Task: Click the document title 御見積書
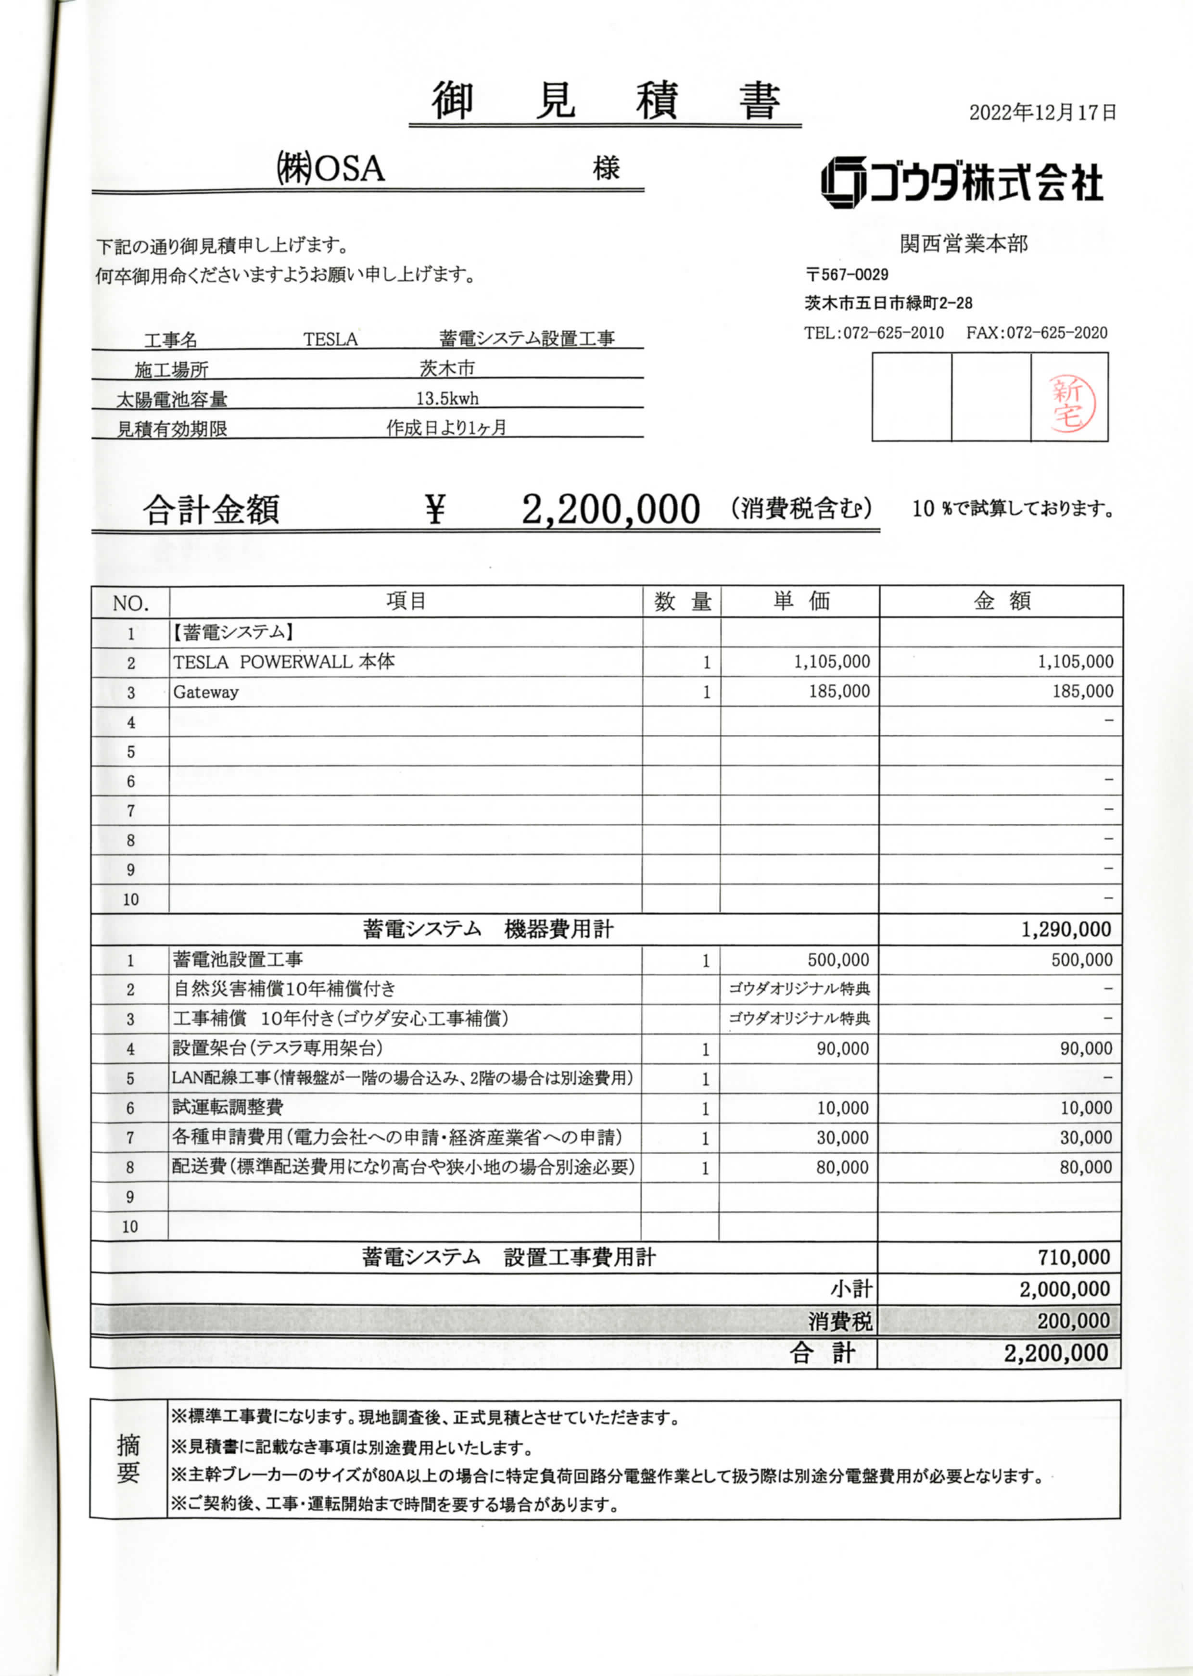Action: click(x=605, y=101)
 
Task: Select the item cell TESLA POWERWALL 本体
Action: click(x=283, y=662)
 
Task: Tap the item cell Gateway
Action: click(x=206, y=692)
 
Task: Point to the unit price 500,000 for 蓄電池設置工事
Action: click(x=838, y=960)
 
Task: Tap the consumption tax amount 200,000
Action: click(x=1073, y=1321)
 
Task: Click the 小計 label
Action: click(x=851, y=1289)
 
